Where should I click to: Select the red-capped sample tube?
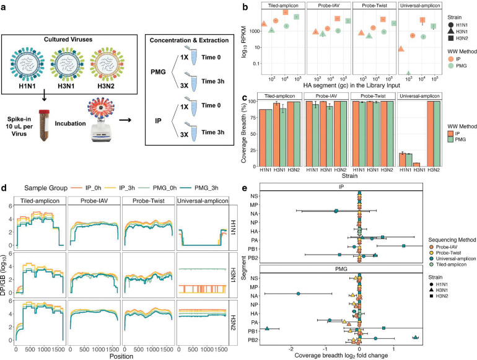coord(45,126)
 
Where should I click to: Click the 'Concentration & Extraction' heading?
coord(189,40)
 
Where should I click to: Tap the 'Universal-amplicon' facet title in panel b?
coord(420,5)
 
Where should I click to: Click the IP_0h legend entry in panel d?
coord(85,188)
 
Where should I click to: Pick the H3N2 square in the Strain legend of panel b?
coord(450,38)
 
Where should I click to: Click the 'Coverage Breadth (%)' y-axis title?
coord(243,130)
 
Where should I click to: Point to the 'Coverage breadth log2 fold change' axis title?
coord(341,356)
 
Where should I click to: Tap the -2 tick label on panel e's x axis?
coord(291,349)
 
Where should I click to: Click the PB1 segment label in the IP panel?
coord(253,249)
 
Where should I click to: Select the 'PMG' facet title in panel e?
coord(341,269)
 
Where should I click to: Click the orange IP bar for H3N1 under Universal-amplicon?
coord(416,165)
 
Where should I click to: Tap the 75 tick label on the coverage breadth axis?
coord(252,118)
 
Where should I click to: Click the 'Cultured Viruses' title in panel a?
coord(68,40)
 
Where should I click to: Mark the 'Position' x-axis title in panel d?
coord(121,356)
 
